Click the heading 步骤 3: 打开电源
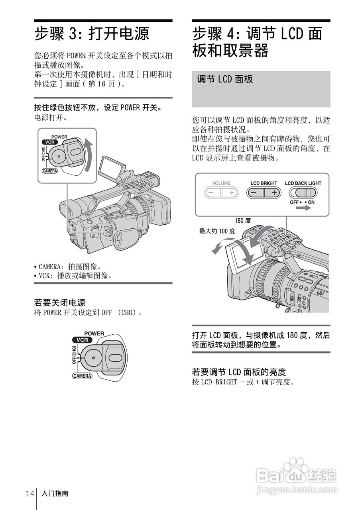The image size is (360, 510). [92, 33]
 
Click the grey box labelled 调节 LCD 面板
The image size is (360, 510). [261, 89]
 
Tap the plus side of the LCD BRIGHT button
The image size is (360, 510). [273, 192]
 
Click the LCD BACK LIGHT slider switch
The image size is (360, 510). [303, 193]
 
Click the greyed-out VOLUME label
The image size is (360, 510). [221, 183]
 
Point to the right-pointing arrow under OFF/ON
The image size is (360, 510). [303, 208]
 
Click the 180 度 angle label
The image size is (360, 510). [243, 220]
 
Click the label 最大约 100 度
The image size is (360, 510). [217, 231]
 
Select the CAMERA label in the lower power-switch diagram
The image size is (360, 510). [82, 376]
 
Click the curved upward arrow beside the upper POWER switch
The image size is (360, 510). [90, 155]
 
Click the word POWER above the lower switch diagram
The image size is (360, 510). [94, 333]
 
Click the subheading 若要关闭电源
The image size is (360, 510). [60, 303]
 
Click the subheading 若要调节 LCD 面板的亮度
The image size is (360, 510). [239, 372]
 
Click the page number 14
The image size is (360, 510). [30, 494]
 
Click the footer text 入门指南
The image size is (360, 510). [55, 494]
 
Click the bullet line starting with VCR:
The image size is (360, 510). [73, 276]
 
